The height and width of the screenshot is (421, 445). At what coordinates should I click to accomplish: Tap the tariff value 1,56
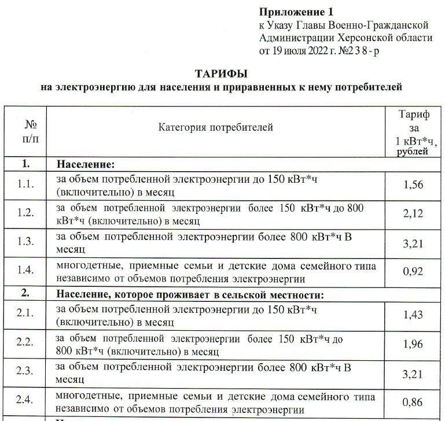[x=413, y=185]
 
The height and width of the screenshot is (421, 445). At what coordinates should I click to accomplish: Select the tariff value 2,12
[x=413, y=214]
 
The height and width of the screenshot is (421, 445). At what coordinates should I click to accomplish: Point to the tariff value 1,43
[x=413, y=315]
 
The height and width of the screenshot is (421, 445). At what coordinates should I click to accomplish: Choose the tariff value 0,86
[x=413, y=403]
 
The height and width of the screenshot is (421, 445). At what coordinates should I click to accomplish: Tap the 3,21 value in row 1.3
[x=413, y=243]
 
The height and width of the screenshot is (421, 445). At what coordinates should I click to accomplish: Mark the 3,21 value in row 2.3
[x=413, y=374]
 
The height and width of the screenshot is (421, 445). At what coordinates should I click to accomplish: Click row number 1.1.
[x=26, y=185]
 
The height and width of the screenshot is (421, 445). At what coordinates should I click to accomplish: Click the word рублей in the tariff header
[x=412, y=152]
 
